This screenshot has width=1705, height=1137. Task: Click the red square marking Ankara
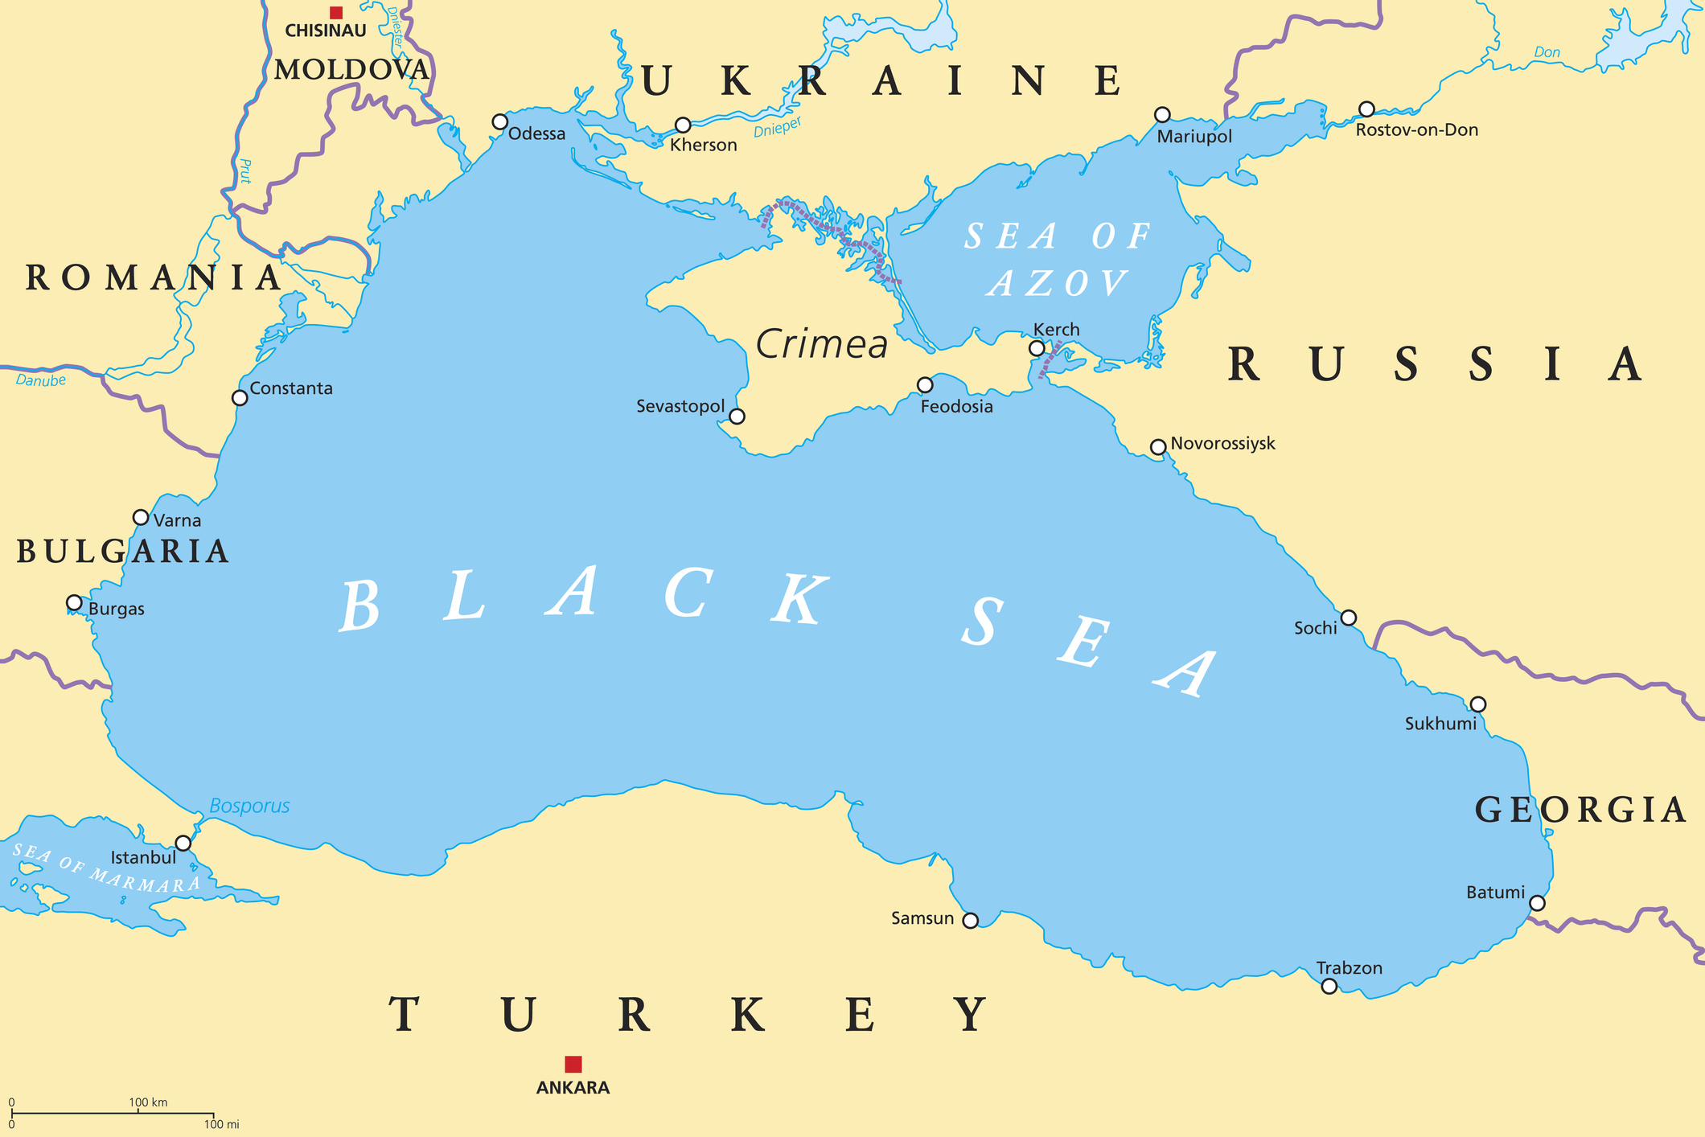coord(573,1064)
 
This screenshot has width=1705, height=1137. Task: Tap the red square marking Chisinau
coord(336,12)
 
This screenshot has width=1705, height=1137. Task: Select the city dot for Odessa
coord(499,121)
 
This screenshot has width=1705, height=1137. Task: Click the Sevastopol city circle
coord(737,416)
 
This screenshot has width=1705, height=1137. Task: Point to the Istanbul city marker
coord(183,843)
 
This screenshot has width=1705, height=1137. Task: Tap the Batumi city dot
coord(1537,903)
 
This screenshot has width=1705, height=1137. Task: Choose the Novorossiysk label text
coord(1222,443)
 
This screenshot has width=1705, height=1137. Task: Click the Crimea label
coord(821,344)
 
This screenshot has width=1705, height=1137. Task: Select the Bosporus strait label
coord(249,806)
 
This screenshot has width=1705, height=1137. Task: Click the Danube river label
coord(40,380)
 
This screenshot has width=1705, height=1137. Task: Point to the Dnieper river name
coord(778,128)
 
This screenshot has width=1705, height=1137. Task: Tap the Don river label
coord(1547,52)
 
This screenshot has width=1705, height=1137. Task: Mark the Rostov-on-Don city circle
coord(1366,109)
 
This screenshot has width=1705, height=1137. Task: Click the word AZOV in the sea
coord(1058,283)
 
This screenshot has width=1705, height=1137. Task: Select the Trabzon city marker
coord(1329,986)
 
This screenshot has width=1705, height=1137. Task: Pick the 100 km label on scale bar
coord(148,1102)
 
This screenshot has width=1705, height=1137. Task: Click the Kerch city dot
coord(1037,348)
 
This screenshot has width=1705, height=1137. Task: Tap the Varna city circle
coord(141,517)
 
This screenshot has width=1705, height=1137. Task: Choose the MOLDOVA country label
coord(351,70)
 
